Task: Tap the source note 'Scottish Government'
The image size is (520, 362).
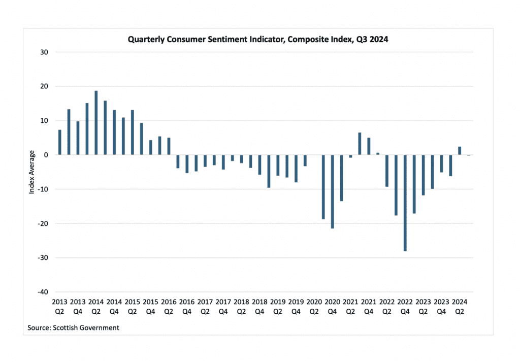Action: [x=74, y=327]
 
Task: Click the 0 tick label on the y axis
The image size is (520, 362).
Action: [x=46, y=155]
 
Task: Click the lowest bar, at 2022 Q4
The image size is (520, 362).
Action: [x=405, y=203]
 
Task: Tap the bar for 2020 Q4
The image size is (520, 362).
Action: [x=333, y=191]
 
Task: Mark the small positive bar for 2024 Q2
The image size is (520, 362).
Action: [x=460, y=151]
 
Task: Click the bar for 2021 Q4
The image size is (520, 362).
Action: [x=369, y=146]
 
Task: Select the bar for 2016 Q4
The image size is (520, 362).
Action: [x=187, y=164]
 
